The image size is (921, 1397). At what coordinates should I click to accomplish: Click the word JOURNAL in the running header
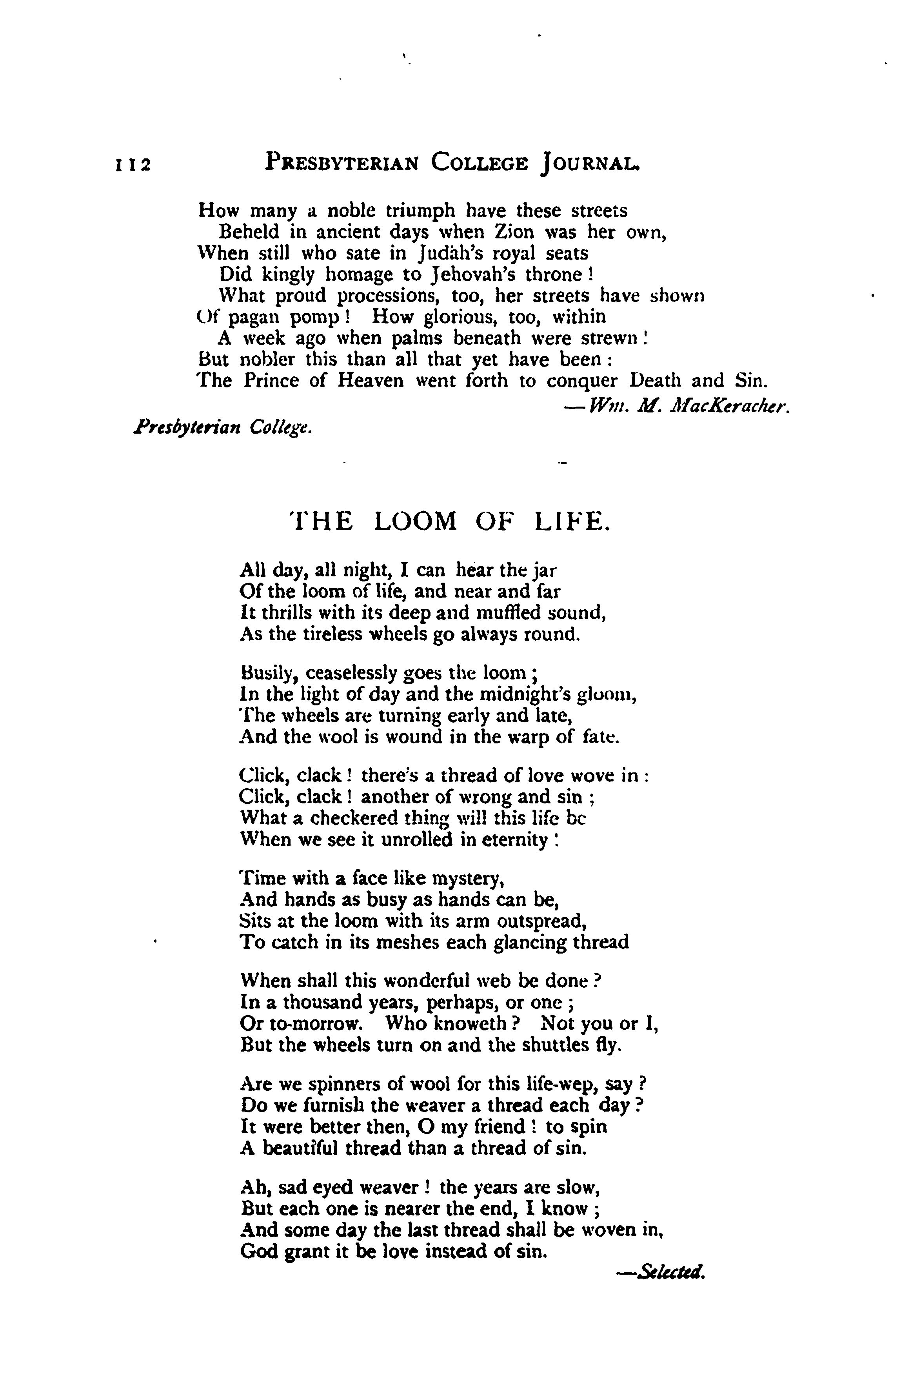coord(589,162)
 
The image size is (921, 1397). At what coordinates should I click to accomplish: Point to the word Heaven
coord(371,381)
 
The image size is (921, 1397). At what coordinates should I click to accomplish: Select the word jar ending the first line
coord(543,570)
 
